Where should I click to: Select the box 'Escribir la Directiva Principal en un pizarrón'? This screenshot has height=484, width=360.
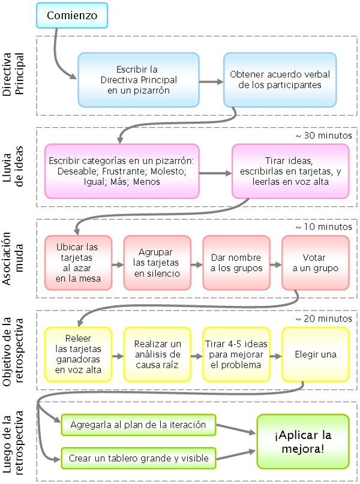[x=139, y=80]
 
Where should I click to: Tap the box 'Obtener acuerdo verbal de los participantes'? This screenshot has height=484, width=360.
[x=279, y=80]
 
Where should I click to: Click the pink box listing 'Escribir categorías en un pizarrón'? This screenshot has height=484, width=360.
[x=122, y=171]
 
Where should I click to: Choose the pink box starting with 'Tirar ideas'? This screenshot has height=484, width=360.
[x=290, y=171]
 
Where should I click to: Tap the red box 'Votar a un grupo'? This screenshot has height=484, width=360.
[x=315, y=263]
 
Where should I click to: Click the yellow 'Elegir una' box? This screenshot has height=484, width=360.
[x=315, y=354]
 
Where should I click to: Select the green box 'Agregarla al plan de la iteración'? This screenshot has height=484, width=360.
[x=138, y=425]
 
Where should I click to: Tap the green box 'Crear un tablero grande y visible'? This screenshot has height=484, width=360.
[x=138, y=459]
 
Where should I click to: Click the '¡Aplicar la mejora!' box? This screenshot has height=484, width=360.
[x=302, y=441]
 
